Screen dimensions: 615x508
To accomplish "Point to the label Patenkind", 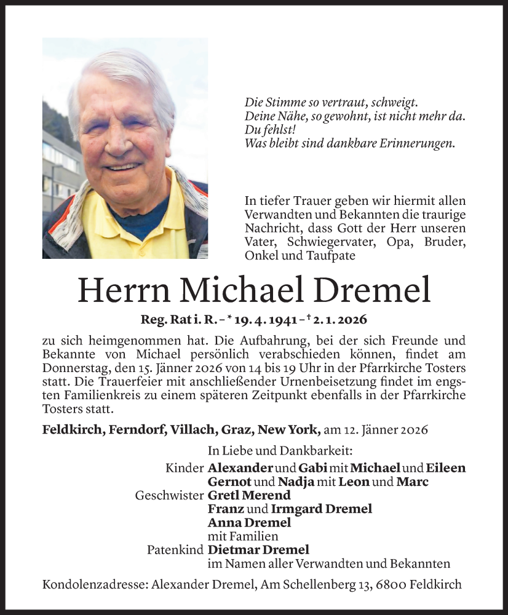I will [175, 550].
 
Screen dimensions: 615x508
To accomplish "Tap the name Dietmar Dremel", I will [258, 550].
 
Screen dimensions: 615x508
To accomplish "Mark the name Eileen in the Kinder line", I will [445, 468].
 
